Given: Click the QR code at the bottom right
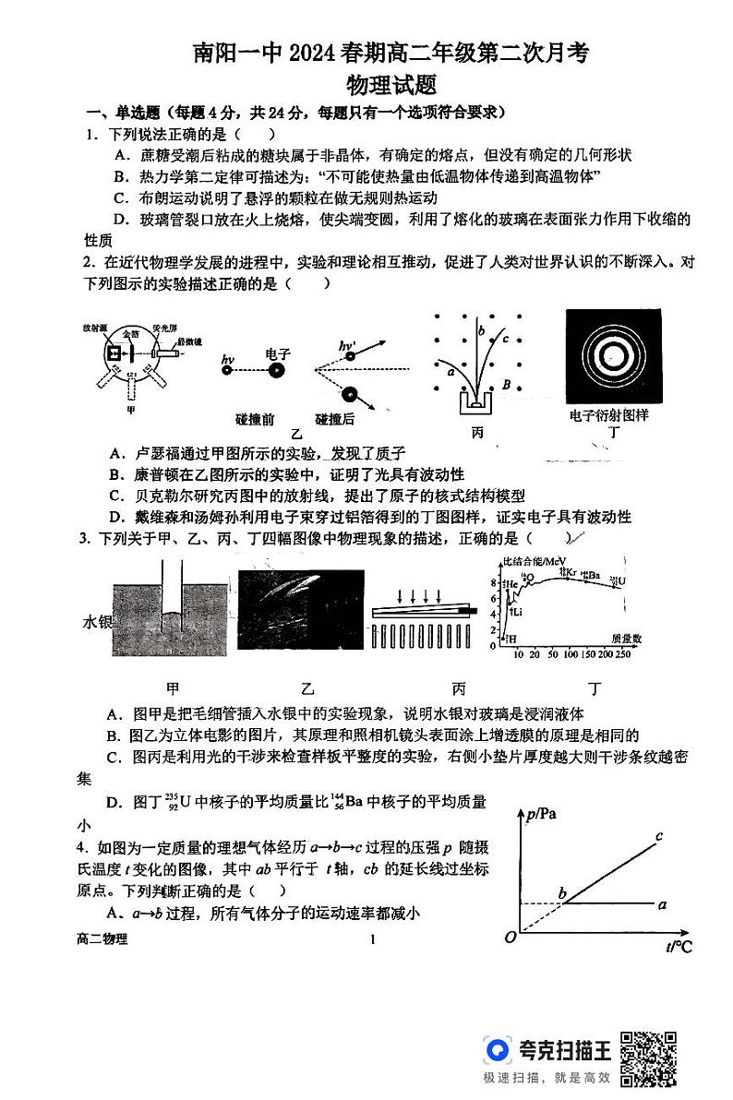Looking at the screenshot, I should [x=648, y=1058].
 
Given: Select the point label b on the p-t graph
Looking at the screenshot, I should [x=562, y=892].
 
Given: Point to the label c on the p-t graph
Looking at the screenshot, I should [x=659, y=837].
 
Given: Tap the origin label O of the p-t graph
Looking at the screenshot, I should [x=510, y=939].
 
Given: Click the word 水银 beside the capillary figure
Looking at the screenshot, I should [x=96, y=623].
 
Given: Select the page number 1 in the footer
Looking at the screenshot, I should [x=371, y=940].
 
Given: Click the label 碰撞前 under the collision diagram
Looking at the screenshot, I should [x=255, y=418].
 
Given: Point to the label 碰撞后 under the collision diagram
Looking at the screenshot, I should [x=335, y=418].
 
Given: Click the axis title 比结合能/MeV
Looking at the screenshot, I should [x=533, y=562].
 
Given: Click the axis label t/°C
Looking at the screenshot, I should [x=679, y=947].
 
